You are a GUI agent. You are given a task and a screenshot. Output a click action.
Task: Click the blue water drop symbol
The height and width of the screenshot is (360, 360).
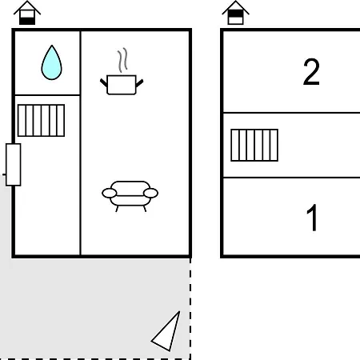point(51,63)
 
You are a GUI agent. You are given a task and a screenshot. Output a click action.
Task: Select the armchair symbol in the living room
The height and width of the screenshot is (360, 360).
point(130,195)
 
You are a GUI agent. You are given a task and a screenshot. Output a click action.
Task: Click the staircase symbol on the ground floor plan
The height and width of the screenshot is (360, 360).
point(41,121)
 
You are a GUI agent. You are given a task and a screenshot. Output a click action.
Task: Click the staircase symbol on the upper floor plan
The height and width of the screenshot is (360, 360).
point(254,145)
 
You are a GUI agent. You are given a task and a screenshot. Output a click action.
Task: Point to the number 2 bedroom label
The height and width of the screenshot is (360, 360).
point(311,72)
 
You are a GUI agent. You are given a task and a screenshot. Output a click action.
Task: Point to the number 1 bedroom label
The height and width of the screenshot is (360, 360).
point(312,218)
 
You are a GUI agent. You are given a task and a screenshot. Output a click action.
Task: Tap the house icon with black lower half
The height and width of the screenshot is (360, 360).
point(27,13)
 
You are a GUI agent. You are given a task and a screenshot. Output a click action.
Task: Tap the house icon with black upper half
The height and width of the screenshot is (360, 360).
point(236,13)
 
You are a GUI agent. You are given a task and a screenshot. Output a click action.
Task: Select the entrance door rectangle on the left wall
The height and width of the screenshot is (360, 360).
point(14,165)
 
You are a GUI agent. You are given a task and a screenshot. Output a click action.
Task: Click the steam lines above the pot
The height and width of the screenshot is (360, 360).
point(122,60)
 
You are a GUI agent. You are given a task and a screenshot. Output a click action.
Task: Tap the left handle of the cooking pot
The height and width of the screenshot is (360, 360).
point(104,82)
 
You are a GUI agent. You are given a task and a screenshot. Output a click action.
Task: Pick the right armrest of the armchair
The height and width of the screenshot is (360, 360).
point(150,193)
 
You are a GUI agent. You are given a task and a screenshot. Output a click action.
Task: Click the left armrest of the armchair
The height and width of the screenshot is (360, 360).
point(110,193)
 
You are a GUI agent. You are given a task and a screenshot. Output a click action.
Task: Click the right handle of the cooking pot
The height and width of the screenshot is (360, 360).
point(139,83)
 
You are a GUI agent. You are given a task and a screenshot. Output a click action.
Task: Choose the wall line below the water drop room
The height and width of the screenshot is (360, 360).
point(47,95)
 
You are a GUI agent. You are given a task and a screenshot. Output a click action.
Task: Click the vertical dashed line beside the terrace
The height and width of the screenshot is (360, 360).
point(190,309)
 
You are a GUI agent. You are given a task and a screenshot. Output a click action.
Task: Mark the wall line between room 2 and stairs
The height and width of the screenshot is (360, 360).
point(291,113)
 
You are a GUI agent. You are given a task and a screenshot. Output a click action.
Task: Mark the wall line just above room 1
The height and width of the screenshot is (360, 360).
point(291,178)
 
